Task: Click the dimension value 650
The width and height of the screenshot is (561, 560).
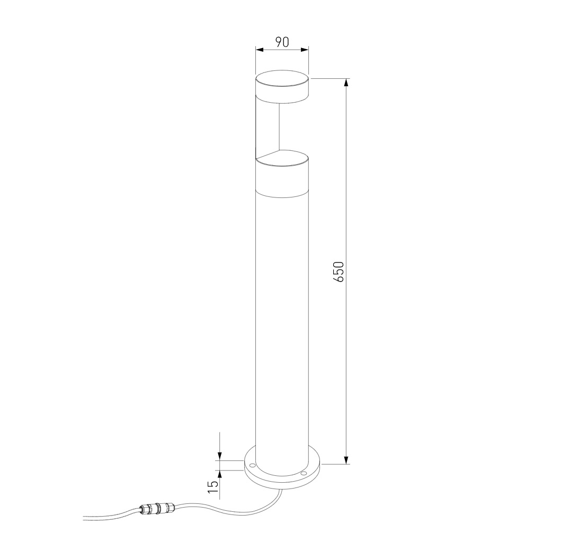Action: tap(339, 271)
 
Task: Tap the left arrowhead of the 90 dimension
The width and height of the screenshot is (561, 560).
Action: tap(259, 50)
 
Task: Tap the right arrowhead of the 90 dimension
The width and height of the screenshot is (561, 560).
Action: tap(305, 50)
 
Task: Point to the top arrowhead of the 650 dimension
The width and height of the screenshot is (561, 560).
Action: tap(346, 83)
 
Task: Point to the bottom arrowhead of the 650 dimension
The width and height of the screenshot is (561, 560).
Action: tap(346, 460)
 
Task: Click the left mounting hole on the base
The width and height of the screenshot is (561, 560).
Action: tap(253, 466)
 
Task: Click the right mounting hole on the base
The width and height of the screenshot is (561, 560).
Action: tap(304, 473)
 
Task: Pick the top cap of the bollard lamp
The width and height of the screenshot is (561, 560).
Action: tap(282, 86)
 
